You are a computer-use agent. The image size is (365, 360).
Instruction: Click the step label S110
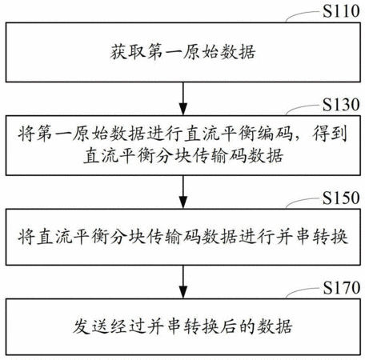click(341, 11)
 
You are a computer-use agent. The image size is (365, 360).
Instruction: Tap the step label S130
click(341, 105)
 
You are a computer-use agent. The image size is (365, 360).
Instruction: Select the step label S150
click(341, 198)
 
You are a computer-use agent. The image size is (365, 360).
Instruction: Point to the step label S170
click(342, 288)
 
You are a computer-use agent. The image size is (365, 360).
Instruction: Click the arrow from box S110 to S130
click(183, 98)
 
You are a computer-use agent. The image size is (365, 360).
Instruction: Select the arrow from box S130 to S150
click(183, 192)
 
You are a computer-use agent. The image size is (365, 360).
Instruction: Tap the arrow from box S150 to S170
click(183, 282)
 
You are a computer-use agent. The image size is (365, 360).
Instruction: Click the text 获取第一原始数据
click(183, 52)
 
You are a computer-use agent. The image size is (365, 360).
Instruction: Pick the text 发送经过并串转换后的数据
click(182, 326)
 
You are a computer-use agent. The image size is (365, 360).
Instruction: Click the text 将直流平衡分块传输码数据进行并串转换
click(183, 237)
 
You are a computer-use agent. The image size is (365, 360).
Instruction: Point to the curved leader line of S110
click(303, 15)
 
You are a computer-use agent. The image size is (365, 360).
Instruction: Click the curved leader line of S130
click(303, 109)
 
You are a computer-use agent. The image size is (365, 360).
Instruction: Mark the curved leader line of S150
click(303, 202)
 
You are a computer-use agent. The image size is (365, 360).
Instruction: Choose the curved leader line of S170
click(303, 292)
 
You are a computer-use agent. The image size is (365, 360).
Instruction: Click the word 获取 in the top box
click(128, 52)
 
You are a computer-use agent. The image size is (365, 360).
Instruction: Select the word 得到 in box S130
click(331, 133)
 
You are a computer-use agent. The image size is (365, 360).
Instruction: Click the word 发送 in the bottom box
click(90, 326)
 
